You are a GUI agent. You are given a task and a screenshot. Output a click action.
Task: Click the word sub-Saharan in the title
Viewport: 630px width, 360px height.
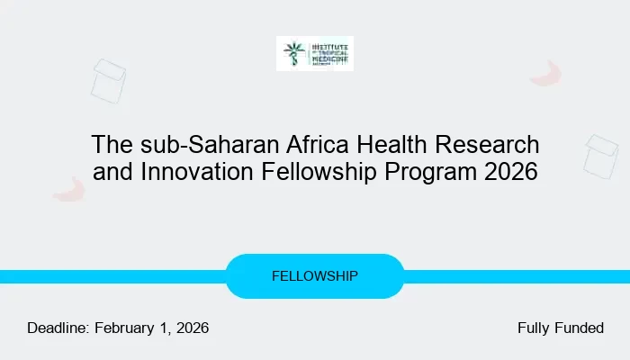184,144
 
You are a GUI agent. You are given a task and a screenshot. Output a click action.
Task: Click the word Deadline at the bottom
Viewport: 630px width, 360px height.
58,328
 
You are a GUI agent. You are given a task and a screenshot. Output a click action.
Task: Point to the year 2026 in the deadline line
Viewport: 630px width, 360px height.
191,328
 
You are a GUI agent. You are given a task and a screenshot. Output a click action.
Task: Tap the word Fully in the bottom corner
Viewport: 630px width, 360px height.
534,328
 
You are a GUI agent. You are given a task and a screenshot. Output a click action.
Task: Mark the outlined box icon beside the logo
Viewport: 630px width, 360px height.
108,80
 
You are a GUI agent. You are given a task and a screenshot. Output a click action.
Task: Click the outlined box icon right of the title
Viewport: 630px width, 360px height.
600,156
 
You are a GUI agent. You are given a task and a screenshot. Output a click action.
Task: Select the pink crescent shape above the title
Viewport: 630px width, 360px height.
546,74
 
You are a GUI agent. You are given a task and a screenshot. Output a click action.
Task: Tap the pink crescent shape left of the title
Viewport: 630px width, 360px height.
69,189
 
